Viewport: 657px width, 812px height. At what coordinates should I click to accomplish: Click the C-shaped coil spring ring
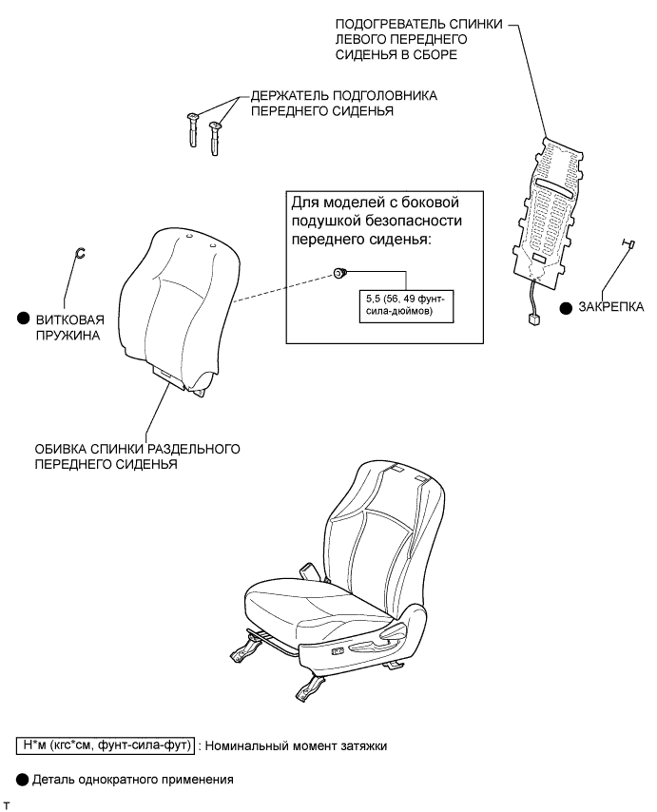81,252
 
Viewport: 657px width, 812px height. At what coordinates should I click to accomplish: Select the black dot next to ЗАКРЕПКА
565,307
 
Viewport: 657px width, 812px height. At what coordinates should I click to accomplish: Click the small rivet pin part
627,246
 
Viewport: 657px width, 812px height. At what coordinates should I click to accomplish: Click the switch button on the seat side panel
337,650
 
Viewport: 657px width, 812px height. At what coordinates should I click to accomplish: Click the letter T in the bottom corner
7,805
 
